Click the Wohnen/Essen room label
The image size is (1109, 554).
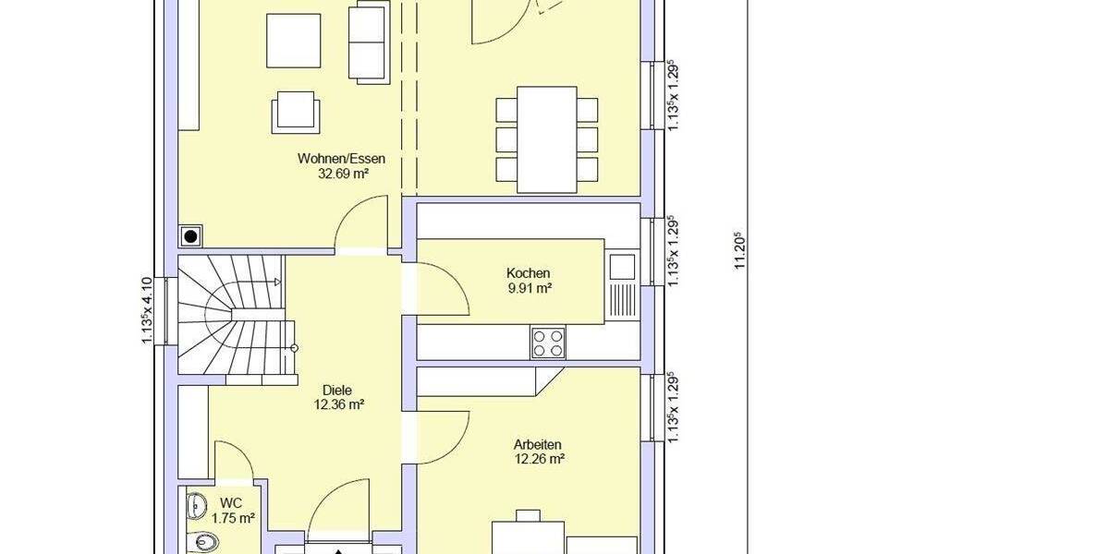pos(341,158)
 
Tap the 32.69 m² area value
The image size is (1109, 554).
pos(341,173)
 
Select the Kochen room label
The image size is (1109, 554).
pos(529,273)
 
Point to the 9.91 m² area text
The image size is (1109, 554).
pos(529,288)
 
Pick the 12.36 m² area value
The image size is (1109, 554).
pos(337,403)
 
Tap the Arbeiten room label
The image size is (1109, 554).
pos(539,444)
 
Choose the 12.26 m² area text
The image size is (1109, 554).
pos(539,458)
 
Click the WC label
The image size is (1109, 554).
pos(231,503)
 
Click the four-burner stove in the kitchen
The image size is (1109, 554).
pos(547,343)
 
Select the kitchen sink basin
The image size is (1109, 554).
pos(622,267)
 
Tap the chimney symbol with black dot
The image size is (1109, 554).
pos(191,237)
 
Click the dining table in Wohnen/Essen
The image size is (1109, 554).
pos(547,138)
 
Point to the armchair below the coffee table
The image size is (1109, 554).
pos(297,111)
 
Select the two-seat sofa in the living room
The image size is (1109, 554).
pos(368,42)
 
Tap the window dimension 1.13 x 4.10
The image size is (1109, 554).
pos(145,311)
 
